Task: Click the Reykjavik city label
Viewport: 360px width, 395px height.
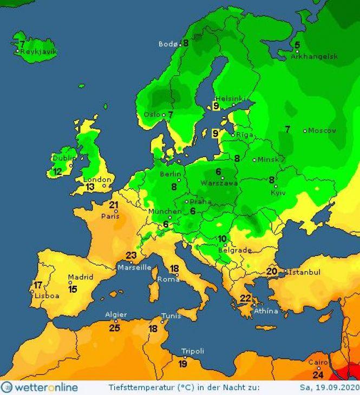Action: tap(38, 52)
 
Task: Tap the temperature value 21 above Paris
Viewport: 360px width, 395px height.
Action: tap(114, 205)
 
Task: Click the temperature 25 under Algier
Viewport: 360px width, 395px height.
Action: tap(115, 327)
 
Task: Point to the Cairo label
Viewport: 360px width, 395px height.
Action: tap(318, 362)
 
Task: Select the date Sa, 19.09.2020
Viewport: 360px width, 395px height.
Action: tap(329, 387)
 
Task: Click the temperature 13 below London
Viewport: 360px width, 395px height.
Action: tap(90, 187)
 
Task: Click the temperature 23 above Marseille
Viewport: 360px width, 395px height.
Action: tap(131, 255)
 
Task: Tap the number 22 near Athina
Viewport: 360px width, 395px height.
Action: tap(246, 298)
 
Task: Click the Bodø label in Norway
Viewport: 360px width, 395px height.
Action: tap(168, 44)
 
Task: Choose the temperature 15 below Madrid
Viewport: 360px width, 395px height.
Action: tap(73, 289)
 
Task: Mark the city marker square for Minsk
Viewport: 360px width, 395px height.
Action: tap(254, 160)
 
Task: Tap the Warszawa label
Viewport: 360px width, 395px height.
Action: tap(223, 183)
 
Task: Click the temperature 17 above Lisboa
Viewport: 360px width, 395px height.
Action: tap(38, 285)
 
